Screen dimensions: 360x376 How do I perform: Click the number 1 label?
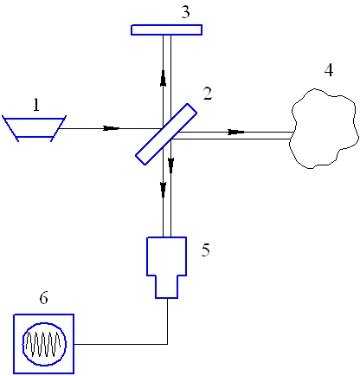pos(36,105)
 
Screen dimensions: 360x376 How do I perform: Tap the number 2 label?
pos(208,94)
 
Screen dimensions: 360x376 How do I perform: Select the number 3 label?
pos(186,12)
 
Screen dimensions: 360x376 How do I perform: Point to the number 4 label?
pos(329,70)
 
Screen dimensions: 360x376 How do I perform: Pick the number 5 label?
pos(206,250)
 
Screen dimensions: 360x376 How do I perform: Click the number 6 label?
pos(43,298)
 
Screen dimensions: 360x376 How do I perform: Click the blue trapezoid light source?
pos(35,128)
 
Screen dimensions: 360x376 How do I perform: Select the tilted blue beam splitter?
pos(166,134)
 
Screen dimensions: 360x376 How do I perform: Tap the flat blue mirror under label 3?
pos(166,29)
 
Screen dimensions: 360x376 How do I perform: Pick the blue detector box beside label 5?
pos(167,268)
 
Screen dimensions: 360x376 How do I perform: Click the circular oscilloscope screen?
pos(44,344)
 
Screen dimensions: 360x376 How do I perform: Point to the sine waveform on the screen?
pos(43,344)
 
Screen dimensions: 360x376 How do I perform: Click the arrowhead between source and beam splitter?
pos(112,128)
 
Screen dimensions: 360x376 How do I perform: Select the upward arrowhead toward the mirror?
pos(164,78)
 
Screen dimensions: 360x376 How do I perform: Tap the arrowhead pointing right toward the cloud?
pos(236,132)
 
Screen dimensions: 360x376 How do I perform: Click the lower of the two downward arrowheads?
pos(164,190)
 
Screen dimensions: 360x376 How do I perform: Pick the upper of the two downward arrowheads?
pos(171,165)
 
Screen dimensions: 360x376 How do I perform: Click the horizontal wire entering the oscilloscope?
pos(121,344)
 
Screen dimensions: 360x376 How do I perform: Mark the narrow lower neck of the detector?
pos(167,287)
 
